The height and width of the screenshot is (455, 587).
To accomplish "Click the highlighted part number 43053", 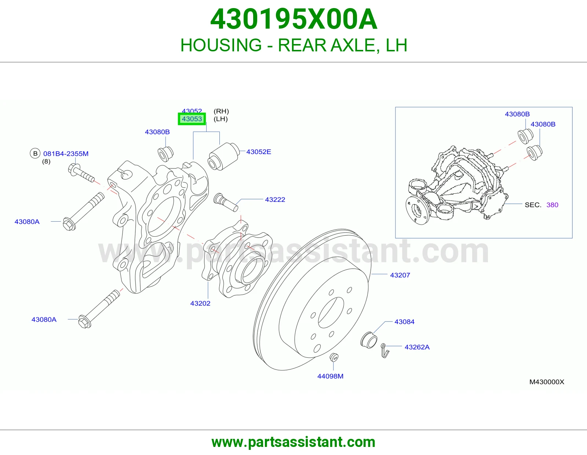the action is tap(192, 119).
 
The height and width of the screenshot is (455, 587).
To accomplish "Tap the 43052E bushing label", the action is tap(259, 152).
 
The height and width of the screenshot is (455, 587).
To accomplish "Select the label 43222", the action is tap(275, 200).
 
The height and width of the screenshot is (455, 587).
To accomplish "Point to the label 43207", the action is tap(400, 275).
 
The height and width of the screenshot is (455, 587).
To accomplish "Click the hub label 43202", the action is tap(200, 303).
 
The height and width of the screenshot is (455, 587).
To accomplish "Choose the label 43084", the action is tap(404, 322).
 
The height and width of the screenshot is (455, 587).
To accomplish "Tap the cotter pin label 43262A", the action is tap(417, 347).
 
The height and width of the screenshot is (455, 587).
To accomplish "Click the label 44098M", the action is tap(331, 376).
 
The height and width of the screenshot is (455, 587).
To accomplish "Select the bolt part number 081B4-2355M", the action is tap(66, 154).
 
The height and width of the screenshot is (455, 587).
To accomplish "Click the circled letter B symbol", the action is tap(35, 153).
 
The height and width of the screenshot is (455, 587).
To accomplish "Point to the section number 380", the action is tap(552, 205).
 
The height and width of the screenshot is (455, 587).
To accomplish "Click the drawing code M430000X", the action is tap(547, 382).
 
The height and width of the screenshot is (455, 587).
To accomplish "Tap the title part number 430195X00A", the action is tap(293, 19).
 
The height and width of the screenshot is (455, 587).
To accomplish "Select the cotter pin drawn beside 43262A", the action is tap(385, 350).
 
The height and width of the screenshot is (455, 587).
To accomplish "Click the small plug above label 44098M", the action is tap(334, 357).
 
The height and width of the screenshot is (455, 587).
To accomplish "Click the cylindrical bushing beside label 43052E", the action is tap(223, 156).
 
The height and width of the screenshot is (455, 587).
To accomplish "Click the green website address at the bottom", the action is tap(293, 442).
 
